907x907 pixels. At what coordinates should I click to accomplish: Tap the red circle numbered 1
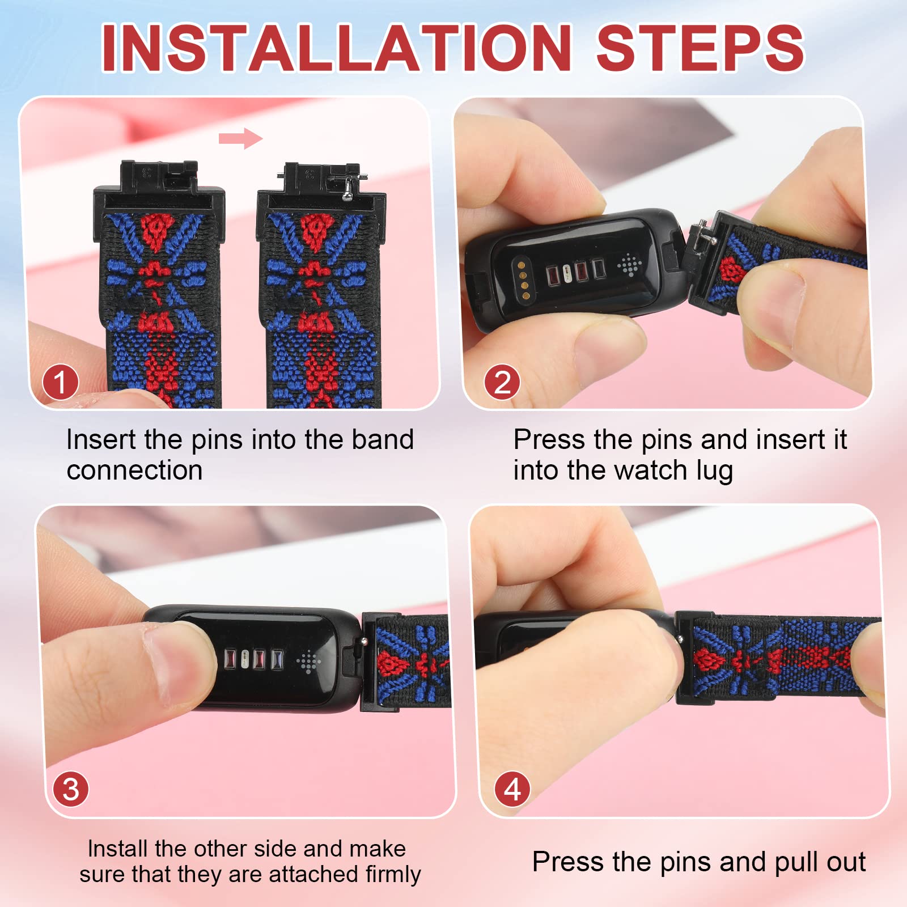(x=60, y=383)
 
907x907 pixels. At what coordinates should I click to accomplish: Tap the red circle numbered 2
(x=502, y=383)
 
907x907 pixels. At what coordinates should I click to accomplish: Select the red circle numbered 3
(x=71, y=789)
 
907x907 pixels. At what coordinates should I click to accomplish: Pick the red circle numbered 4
(x=512, y=789)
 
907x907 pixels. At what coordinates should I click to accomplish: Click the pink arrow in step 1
(x=241, y=138)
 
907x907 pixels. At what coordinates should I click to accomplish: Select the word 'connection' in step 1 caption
(x=135, y=471)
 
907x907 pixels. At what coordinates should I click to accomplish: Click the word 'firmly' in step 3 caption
(x=393, y=874)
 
